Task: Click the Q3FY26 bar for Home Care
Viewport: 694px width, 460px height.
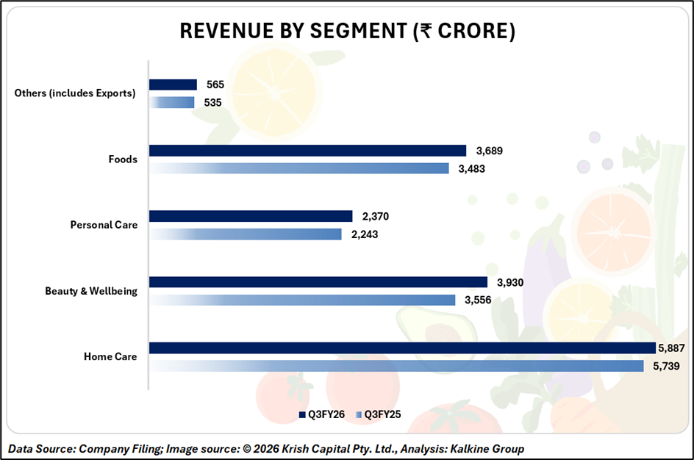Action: [402, 348]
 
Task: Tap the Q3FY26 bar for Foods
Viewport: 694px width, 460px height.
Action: [307, 151]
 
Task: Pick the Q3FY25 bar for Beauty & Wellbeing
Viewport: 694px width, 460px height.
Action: [302, 300]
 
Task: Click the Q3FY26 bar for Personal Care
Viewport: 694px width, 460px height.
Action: [251, 216]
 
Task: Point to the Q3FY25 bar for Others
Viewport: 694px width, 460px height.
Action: [172, 102]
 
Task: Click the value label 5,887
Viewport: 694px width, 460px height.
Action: [670, 348]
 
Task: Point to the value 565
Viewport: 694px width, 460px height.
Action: [215, 85]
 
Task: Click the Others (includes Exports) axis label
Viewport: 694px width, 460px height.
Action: [75, 93]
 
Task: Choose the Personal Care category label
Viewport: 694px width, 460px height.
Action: [104, 225]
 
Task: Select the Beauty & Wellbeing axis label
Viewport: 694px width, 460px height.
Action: [91, 291]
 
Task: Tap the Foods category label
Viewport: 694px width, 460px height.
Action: [122, 159]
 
